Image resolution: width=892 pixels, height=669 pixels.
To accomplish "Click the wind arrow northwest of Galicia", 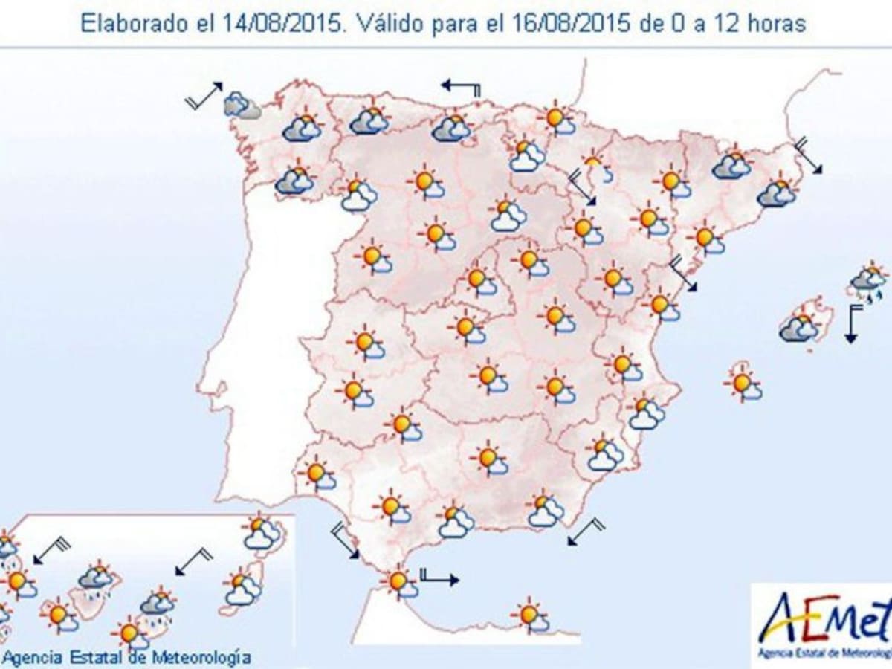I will [204, 97].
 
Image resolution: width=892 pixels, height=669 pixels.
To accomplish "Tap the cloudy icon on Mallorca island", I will [799, 327].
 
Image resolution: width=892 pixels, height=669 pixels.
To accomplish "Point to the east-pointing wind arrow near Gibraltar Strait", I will [439, 578].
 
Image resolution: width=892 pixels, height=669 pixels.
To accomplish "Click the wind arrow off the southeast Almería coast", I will [586, 532].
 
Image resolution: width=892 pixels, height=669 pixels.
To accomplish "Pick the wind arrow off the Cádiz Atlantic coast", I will [345, 540].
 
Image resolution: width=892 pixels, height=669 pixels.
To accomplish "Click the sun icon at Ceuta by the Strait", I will [400, 581].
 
